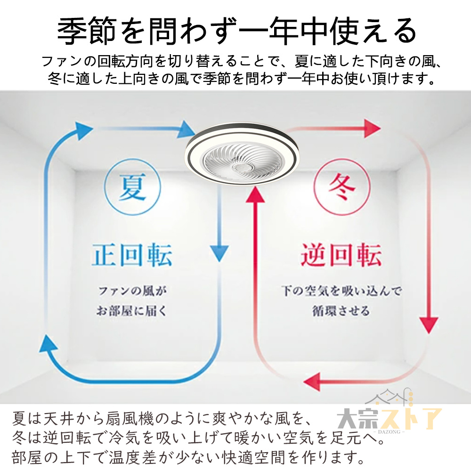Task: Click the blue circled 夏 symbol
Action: (132, 187)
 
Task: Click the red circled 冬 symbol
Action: (341, 187)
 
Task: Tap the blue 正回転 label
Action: (132, 255)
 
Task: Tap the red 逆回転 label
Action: (341, 255)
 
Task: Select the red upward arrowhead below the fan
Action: (255, 194)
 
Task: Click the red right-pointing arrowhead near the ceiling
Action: (373, 128)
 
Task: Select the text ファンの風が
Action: (132, 291)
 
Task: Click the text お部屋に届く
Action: (131, 311)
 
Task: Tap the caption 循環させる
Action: (341, 311)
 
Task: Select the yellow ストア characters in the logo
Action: (411, 418)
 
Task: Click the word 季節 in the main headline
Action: (87, 31)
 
